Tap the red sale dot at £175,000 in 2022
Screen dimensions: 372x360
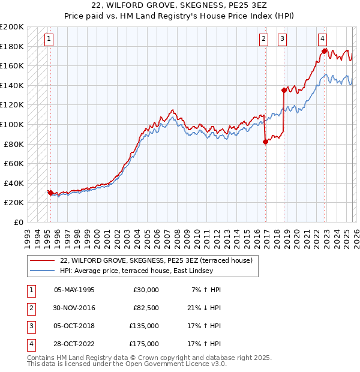coord(324,51)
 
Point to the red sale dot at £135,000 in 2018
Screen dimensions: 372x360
coord(284,90)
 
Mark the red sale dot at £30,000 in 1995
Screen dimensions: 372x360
coord(50,193)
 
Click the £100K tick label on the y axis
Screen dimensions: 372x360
coord(12,124)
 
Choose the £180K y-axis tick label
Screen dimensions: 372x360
coord(12,46)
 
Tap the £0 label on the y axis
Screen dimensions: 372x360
coord(18,222)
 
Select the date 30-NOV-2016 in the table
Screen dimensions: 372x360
coord(74,307)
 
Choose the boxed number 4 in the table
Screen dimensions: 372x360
coord(30,344)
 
